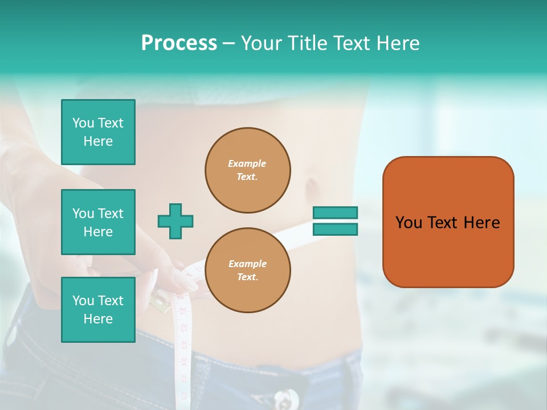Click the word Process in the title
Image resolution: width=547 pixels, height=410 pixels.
(179, 43)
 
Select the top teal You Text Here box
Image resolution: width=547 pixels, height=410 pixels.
(98, 132)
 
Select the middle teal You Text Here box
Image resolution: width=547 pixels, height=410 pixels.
(98, 222)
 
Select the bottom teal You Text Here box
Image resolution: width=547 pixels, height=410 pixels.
(98, 310)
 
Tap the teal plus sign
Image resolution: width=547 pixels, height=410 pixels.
(175, 221)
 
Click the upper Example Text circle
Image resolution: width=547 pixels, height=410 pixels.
(247, 170)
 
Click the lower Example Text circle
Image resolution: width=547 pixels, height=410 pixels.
(247, 270)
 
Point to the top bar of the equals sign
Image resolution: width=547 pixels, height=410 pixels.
(335, 213)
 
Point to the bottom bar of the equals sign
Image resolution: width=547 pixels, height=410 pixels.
(335, 229)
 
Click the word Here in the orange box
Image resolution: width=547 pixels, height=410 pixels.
(481, 223)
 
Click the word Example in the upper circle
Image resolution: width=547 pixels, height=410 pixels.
(247, 163)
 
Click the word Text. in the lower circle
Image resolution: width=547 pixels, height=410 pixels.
(247, 277)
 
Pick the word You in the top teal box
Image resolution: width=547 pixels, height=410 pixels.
(83, 123)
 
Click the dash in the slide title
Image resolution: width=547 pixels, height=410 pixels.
(228, 43)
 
